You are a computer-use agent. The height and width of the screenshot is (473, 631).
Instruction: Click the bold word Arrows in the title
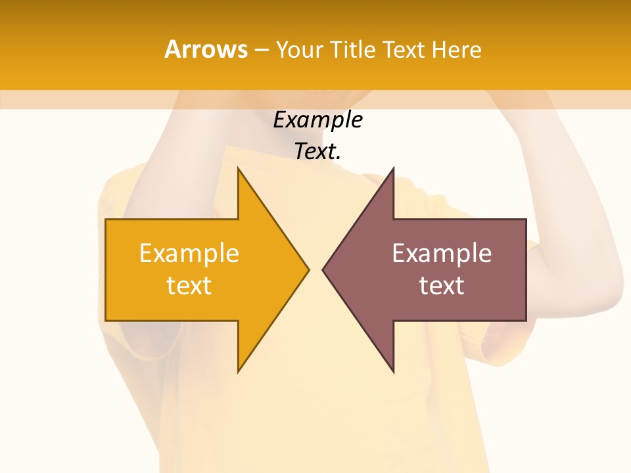tap(206, 50)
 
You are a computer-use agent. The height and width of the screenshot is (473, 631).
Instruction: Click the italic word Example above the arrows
tap(317, 120)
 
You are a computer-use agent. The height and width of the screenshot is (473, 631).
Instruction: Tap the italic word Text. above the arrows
tap(317, 152)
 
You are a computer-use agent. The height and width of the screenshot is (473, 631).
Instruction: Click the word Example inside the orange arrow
tap(189, 254)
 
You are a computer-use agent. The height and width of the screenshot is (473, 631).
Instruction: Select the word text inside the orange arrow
tap(189, 286)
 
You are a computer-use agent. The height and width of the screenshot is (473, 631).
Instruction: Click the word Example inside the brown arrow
tap(442, 254)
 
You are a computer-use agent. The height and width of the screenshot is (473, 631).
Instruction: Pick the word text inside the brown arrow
tap(442, 286)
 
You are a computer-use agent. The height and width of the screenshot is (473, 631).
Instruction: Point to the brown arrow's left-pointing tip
tap(324, 269)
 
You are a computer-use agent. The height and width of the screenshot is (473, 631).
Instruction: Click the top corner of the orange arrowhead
tap(239, 169)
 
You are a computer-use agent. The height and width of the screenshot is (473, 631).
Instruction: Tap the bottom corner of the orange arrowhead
tap(239, 371)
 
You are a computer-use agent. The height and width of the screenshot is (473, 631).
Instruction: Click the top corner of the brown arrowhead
tap(393, 169)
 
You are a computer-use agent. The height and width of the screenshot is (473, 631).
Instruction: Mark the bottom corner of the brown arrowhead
tap(393, 371)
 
